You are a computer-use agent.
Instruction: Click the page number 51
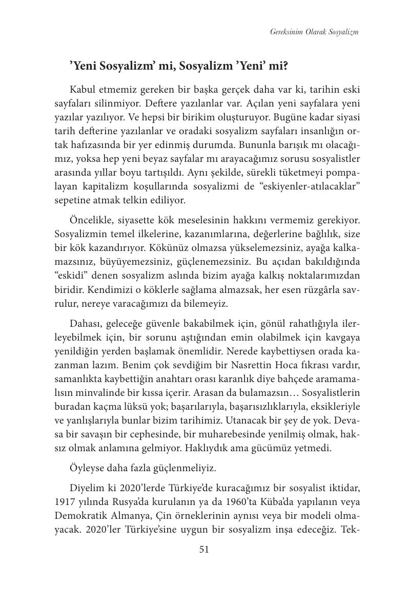coord(204,550)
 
